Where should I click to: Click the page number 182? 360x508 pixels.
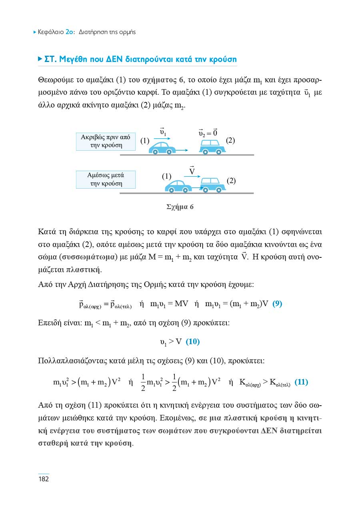point(44,479)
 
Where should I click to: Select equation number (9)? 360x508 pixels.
point(277,303)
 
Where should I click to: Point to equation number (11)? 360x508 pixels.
point(301,382)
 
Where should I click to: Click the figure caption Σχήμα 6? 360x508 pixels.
point(180,207)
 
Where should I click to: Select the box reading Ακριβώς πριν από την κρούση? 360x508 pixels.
point(106,141)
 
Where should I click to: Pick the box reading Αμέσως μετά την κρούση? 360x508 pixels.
point(106,179)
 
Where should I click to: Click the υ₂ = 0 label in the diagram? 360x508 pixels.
point(208,132)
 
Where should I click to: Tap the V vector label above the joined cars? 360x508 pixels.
point(192,171)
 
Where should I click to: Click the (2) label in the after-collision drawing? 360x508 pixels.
point(231,181)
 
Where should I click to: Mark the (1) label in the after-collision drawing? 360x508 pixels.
point(166,176)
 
